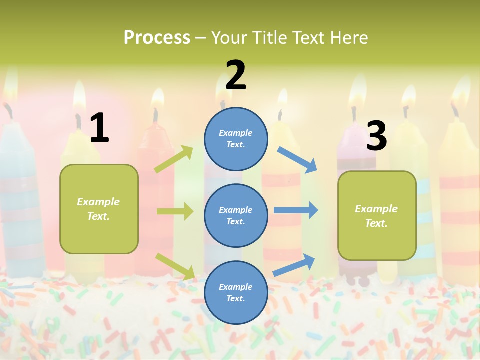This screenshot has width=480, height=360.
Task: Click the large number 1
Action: pos(99,128)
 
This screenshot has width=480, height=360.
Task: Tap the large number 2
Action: pos(236,76)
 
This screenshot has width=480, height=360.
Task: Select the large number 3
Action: pos(376,136)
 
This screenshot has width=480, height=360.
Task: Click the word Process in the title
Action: pos(157,37)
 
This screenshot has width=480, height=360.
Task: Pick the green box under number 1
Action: pos(99,209)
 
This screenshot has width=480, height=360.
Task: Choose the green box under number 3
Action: pos(377,215)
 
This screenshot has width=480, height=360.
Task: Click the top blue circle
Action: pos(236,139)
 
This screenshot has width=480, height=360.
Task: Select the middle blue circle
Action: pos(236,215)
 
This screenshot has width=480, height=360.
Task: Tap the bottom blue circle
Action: pos(236,292)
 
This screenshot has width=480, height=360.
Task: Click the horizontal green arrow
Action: pos(175,211)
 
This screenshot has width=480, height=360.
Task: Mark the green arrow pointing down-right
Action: pos(175,266)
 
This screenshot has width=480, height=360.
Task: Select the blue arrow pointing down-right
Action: pos(297,159)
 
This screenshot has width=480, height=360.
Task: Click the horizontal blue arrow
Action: pos(296,210)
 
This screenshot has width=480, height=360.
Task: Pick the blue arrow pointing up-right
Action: pos(294,265)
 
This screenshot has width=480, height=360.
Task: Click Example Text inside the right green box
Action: pos(376,216)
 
